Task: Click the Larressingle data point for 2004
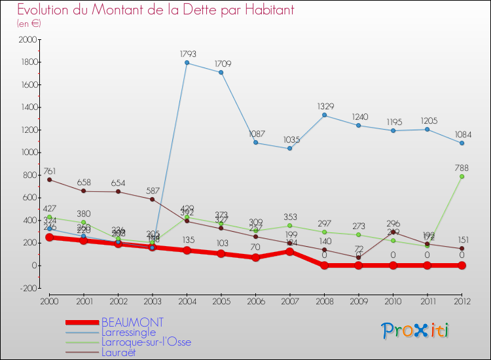[x=187, y=63]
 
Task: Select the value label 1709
[x=221, y=63]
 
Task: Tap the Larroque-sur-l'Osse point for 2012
[x=462, y=176]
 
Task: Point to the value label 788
[x=462, y=168]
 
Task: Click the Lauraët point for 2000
[x=49, y=179]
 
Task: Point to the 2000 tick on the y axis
[x=28, y=40]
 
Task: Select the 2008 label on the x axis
[x=324, y=300]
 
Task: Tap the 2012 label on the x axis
[x=462, y=300]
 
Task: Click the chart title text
[x=156, y=10]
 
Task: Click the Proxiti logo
[x=416, y=330]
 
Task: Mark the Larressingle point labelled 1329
[x=324, y=115]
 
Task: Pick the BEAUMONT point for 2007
[x=290, y=251]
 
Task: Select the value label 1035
[x=290, y=139]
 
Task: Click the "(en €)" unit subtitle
[x=29, y=23]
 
